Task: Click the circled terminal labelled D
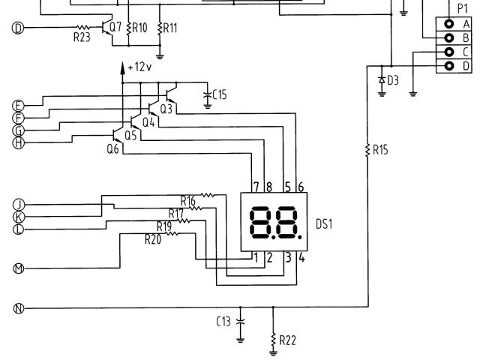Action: click(19, 28)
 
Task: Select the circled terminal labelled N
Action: click(19, 307)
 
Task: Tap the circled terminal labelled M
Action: click(19, 268)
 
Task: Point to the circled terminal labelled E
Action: click(19, 105)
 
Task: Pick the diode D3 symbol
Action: click(382, 79)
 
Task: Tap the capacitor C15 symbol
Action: click(208, 94)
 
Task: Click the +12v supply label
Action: click(139, 67)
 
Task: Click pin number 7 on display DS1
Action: click(256, 186)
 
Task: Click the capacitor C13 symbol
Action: click(241, 320)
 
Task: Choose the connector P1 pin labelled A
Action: click(450, 22)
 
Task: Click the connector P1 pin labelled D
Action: click(450, 66)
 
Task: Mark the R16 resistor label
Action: click(188, 200)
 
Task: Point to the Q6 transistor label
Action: click(113, 149)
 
